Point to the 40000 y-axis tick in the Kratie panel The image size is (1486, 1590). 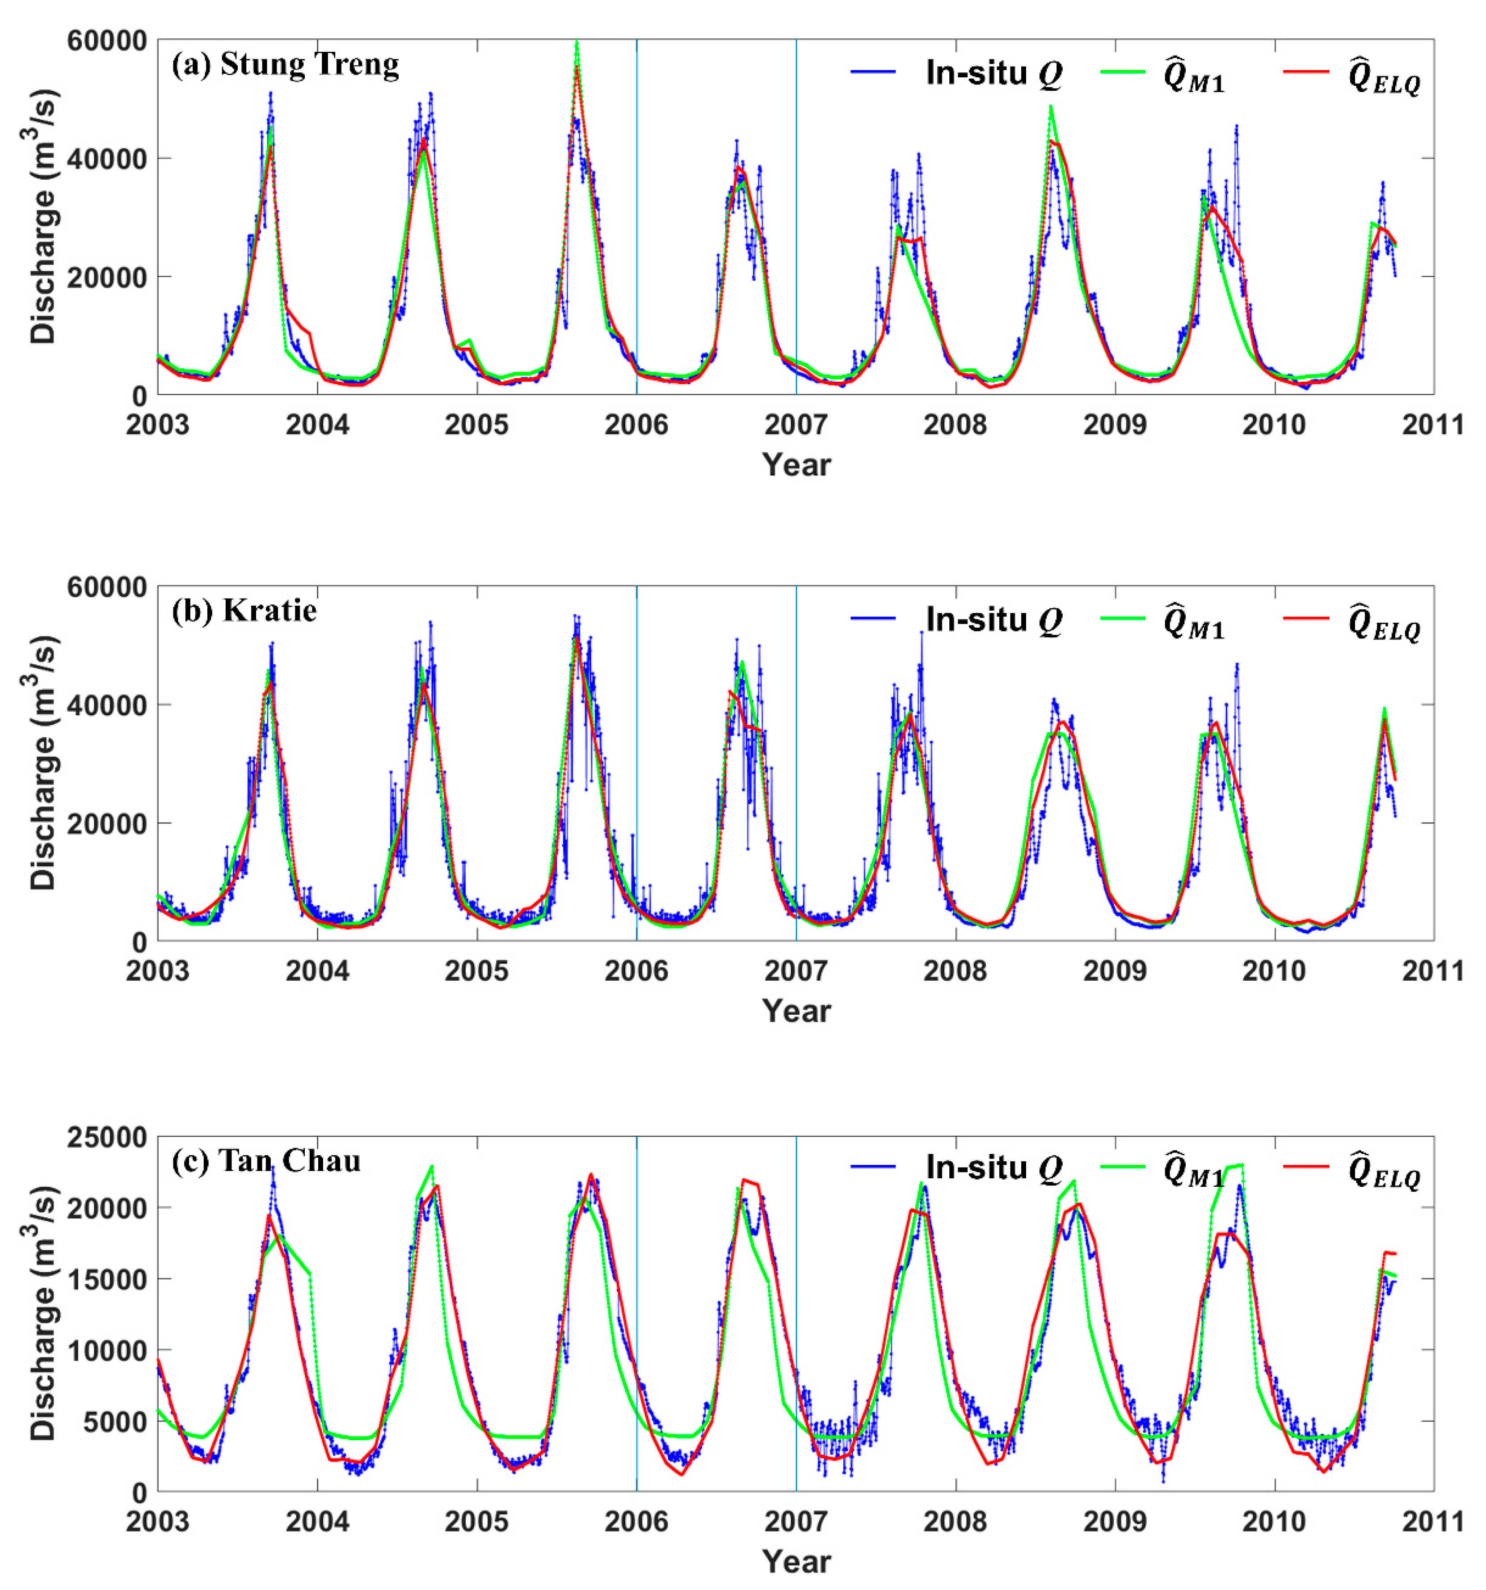tap(108, 704)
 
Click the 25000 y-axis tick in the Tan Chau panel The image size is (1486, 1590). tap(108, 1137)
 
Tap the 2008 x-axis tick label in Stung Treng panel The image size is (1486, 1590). tap(955, 425)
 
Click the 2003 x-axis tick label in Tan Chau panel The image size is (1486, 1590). tap(158, 1521)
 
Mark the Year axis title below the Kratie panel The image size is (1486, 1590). tap(796, 1011)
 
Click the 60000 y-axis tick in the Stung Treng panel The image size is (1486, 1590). tap(108, 40)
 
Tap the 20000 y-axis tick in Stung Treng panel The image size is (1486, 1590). tap(108, 277)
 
